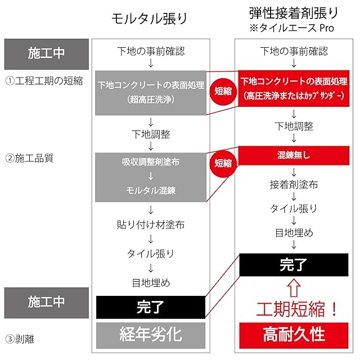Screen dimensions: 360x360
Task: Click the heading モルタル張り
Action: click(150, 19)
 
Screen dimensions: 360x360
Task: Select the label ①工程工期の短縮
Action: click(44, 80)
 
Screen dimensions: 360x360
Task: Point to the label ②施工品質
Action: click(29, 159)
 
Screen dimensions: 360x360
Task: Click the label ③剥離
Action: click(21, 339)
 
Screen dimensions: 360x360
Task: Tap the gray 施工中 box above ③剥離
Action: click(47, 303)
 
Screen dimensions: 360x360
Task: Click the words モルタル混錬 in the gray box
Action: click(151, 191)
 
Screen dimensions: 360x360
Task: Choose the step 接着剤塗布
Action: click(294, 184)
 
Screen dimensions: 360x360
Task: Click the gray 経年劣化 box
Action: click(151, 335)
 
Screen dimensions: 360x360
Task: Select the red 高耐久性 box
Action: click(294, 335)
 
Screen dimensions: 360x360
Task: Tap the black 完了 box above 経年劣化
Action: click(151, 307)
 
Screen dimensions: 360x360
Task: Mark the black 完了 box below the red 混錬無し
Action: click(294, 265)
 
